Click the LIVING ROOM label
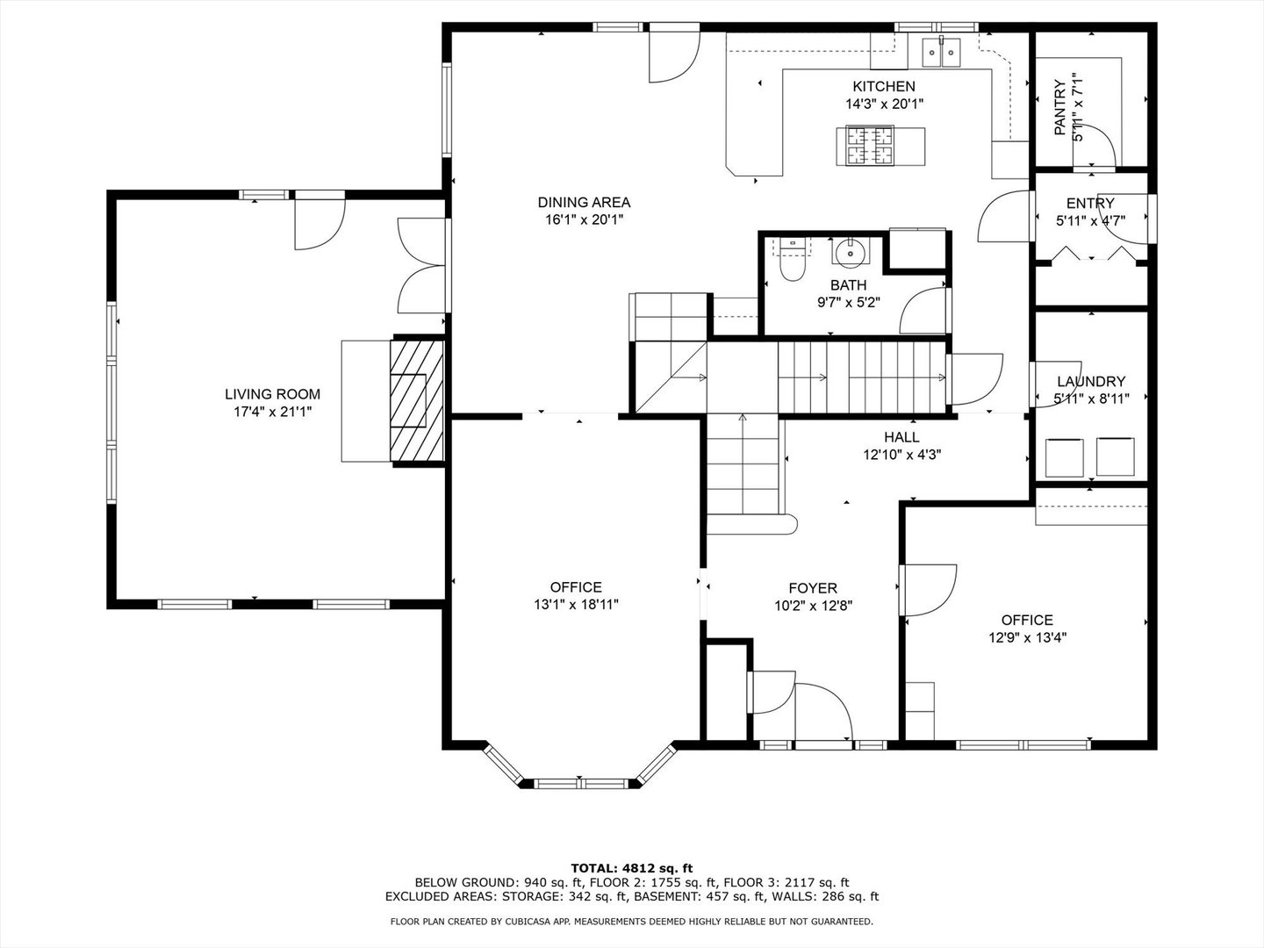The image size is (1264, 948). click(272, 394)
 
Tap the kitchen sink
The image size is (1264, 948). click(942, 52)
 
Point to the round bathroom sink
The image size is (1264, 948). click(850, 253)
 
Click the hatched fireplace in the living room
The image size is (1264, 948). click(417, 400)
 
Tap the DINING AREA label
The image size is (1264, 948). click(584, 203)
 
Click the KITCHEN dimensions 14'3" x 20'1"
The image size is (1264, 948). click(885, 104)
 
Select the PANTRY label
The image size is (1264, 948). click(1059, 108)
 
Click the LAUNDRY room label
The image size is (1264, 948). click(1091, 381)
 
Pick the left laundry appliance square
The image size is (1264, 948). click(1064, 457)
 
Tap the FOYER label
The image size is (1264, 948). click(813, 588)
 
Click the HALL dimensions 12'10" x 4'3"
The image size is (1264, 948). click(901, 455)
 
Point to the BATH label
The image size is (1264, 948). click(848, 285)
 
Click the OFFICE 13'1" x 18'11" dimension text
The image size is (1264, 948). click(576, 605)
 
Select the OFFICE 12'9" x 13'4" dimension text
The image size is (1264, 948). click(1027, 637)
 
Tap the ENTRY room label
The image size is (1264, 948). click(1090, 203)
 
